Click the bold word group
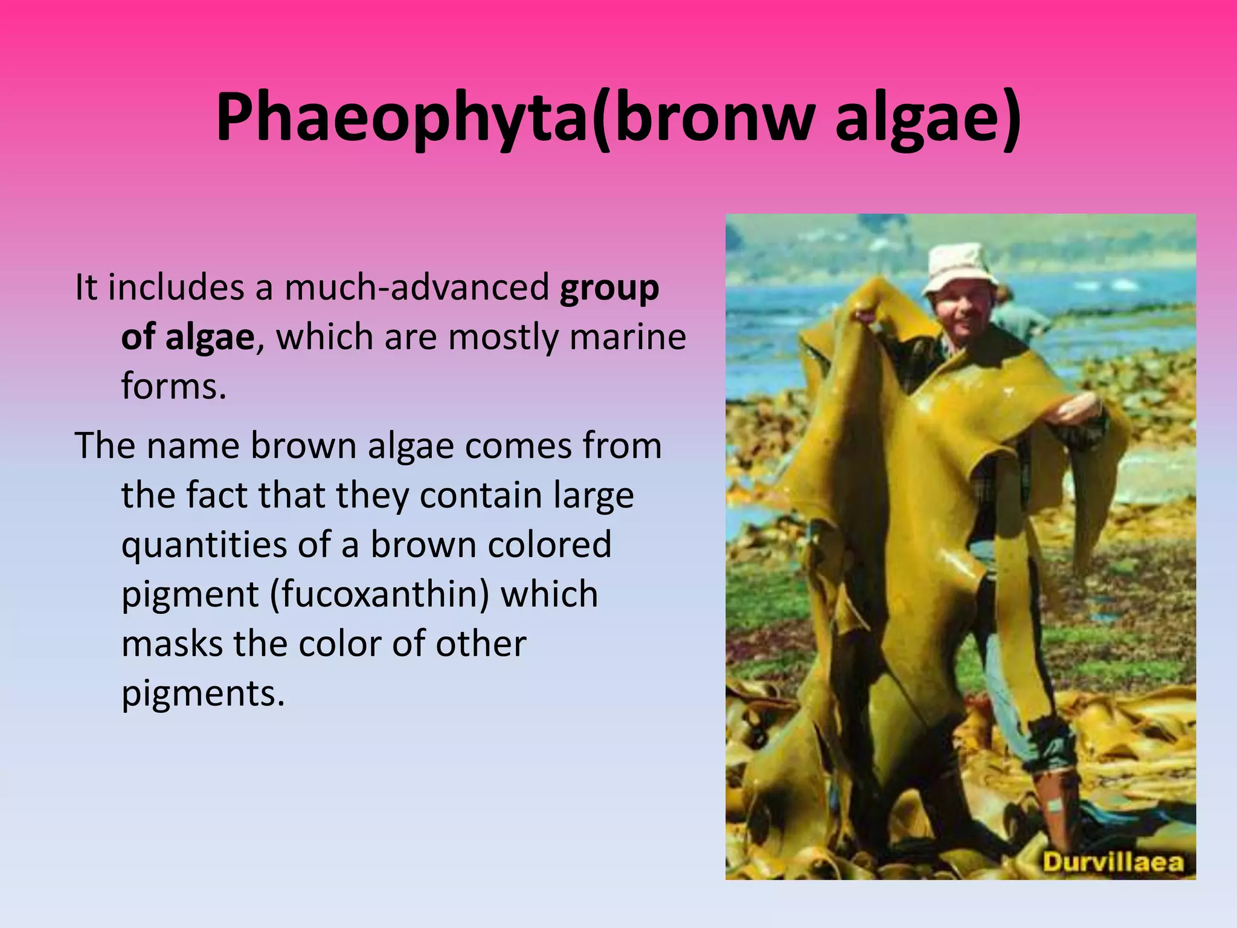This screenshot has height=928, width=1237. point(609,289)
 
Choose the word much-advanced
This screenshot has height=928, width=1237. point(417,288)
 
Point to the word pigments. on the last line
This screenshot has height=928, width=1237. point(203,694)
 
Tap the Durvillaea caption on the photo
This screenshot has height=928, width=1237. point(1113,862)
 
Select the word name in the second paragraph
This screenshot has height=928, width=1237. point(193,446)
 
